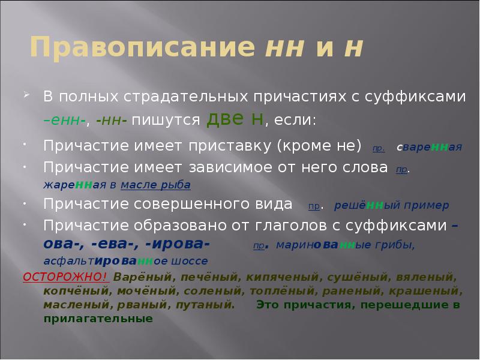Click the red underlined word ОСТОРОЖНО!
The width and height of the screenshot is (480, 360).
65,278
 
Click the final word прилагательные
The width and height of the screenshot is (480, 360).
98,319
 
